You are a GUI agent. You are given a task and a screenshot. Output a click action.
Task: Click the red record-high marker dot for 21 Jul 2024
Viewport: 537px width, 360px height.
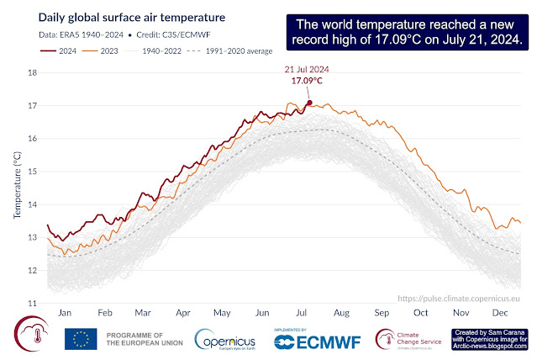[309, 103]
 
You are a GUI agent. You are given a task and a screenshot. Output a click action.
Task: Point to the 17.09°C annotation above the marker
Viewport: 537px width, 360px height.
[308, 82]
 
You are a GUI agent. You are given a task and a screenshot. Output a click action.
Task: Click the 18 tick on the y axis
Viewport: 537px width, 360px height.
[34, 73]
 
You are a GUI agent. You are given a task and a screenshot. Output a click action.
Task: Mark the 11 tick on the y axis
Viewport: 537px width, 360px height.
[34, 303]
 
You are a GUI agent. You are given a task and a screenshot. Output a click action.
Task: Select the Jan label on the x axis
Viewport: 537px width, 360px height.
[63, 311]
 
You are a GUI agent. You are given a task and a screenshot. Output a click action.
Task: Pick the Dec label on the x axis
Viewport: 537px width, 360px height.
[503, 311]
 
